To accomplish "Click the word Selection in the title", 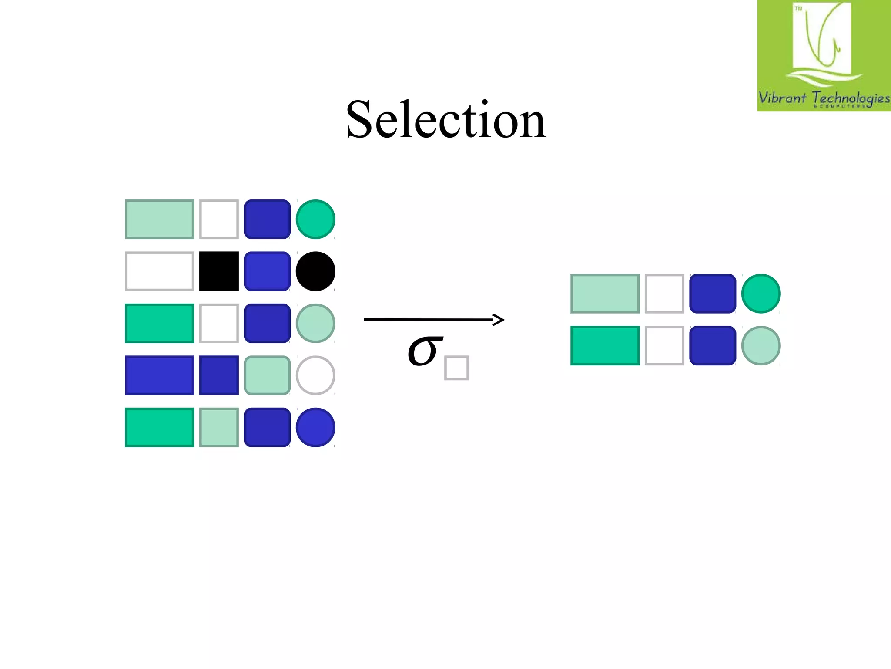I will point(446,120).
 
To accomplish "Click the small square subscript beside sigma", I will point(456,368).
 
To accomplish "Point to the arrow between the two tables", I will point(434,320).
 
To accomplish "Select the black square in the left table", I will point(219,271).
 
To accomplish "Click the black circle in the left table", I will point(315,271).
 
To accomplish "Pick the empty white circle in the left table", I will point(315,375).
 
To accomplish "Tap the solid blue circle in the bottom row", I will point(315,427).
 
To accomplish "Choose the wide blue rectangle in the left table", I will point(160,375).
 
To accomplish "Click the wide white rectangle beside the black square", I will point(160,271).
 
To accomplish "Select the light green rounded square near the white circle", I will point(267,375).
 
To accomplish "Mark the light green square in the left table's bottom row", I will point(219,427).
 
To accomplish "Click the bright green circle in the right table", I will point(761,294).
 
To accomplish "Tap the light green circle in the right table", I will point(761,345).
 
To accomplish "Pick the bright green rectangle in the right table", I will point(605,345).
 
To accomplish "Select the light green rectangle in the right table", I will point(605,294).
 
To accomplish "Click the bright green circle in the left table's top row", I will point(315,219).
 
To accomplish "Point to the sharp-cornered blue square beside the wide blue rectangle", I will point(219,375).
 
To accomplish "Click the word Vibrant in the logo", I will point(782,97).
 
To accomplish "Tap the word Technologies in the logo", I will point(851,98).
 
